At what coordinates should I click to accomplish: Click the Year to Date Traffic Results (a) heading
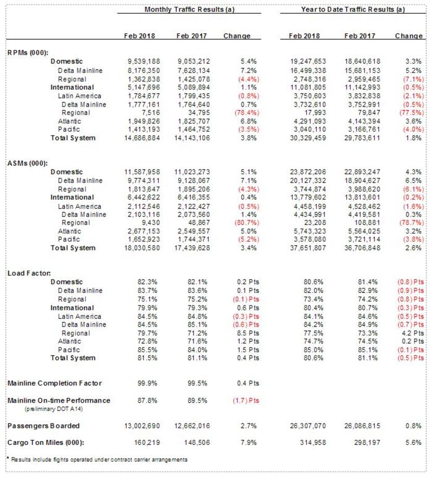[353, 9]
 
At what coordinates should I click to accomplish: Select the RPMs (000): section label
[28, 53]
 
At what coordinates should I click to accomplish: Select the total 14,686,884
[141, 138]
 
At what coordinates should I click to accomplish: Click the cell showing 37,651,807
[309, 248]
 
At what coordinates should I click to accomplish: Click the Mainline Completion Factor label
[55, 383]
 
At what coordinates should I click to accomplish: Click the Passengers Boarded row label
[44, 426]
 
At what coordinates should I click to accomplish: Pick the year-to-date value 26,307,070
[309, 426]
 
